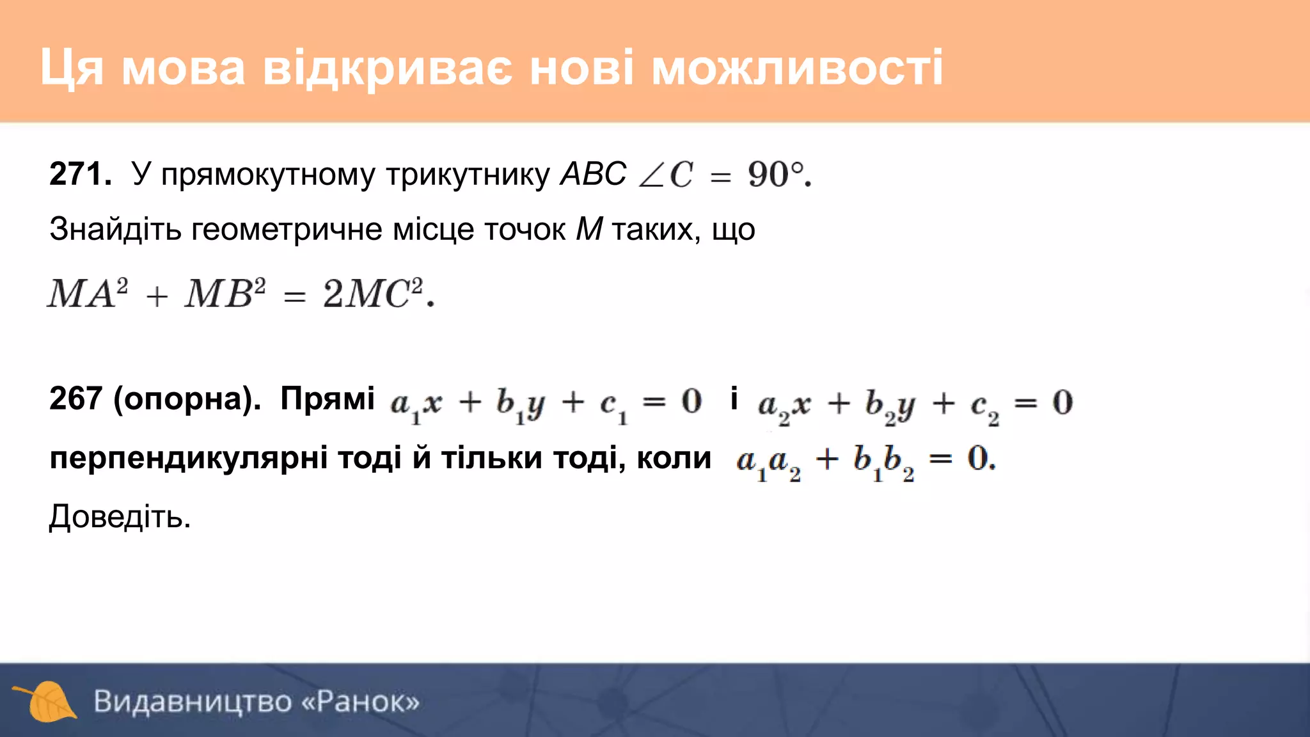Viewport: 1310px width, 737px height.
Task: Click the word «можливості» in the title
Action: click(797, 68)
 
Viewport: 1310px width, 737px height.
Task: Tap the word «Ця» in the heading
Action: click(72, 68)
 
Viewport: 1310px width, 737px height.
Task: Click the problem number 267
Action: click(75, 399)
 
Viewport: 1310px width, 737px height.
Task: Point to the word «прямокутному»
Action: click(268, 175)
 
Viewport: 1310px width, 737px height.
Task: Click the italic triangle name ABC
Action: click(593, 174)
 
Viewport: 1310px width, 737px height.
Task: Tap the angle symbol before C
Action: click(651, 175)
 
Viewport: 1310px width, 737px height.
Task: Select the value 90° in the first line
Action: click(775, 174)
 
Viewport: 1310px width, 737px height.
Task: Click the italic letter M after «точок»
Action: click(589, 229)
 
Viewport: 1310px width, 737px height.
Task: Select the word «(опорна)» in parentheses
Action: click(186, 399)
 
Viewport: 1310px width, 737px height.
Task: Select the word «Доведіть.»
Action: click(120, 517)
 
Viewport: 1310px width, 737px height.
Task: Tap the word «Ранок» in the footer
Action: click(361, 702)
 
